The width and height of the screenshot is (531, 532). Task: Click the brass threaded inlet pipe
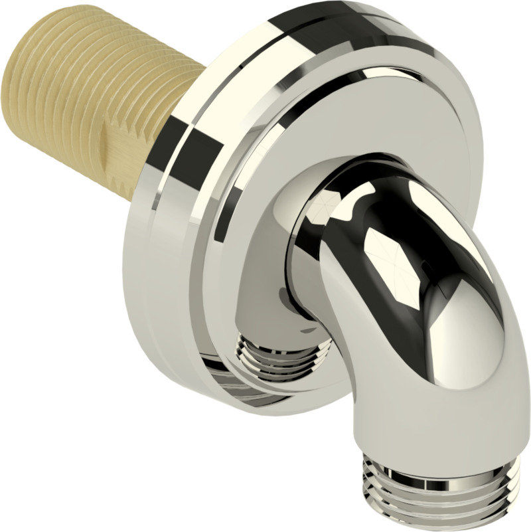(x=100, y=100)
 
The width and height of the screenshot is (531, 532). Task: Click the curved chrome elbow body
(x=425, y=319)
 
